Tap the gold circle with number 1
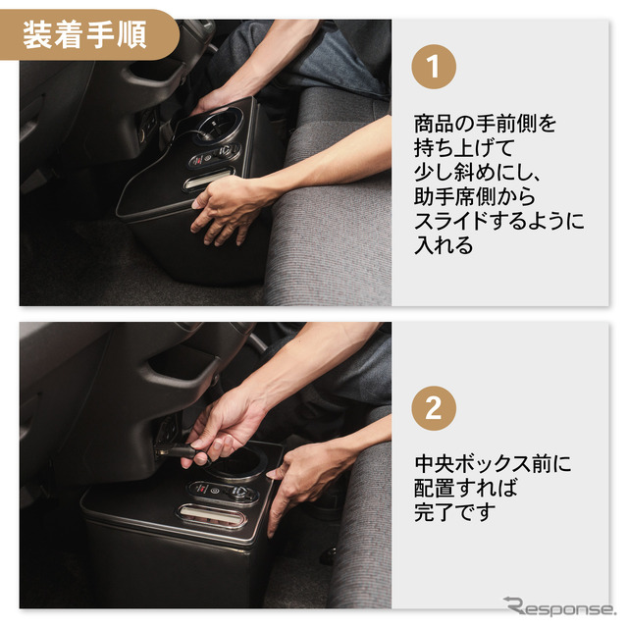pyautogui.click(x=433, y=70)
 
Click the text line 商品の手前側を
pyautogui.click(x=485, y=125)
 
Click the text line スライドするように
pyautogui.click(x=498, y=221)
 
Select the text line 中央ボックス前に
pyautogui.click(x=492, y=463)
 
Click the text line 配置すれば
pyautogui.click(x=465, y=488)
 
